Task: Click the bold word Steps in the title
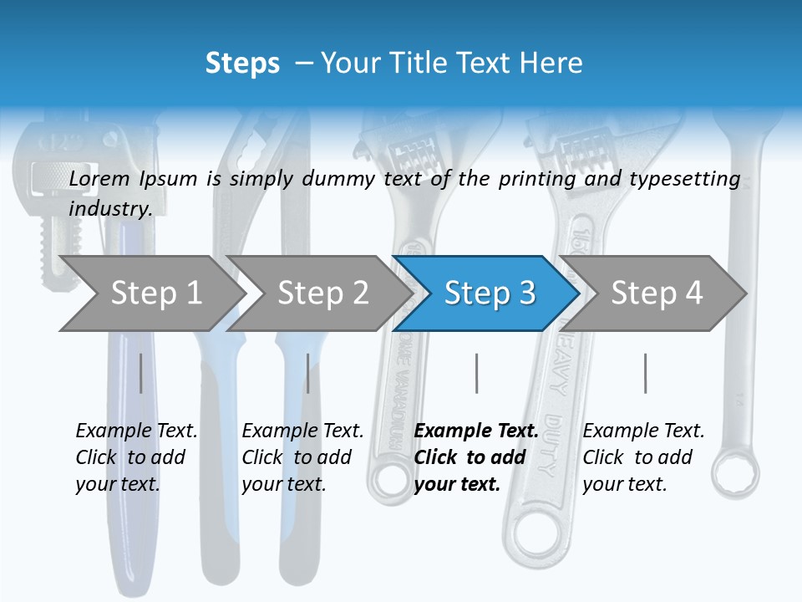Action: (242, 64)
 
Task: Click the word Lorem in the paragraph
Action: (99, 178)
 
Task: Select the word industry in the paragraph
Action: (110, 209)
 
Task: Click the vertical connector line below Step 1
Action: (141, 373)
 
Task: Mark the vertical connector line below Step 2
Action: (308, 373)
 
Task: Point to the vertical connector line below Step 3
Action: (477, 373)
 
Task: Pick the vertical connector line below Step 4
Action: (645, 373)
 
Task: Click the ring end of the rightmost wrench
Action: (736, 473)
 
